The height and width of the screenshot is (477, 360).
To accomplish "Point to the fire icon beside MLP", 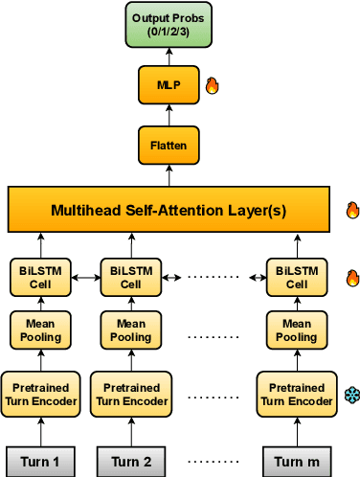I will tap(213, 86).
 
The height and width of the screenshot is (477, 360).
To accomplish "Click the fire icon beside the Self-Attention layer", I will tap(351, 210).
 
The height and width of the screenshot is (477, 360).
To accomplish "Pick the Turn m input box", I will tap(297, 462).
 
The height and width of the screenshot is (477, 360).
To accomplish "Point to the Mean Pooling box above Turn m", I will tap(297, 330).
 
